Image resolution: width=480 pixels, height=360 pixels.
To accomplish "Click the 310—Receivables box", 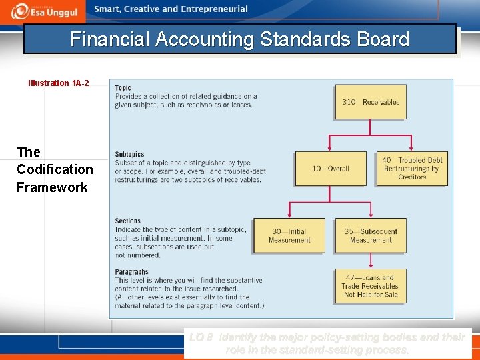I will click(371, 102).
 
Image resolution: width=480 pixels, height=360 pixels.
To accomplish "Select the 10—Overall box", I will click(331, 169).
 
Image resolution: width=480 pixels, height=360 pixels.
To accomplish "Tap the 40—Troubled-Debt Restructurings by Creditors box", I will click(412, 169).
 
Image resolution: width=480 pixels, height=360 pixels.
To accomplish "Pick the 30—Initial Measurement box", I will click(289, 236).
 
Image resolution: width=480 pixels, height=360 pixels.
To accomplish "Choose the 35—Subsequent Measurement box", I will click(371, 236).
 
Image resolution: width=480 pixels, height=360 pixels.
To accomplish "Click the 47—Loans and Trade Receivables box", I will click(371, 286).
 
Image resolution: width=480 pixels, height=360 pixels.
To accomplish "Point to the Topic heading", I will click(123, 88).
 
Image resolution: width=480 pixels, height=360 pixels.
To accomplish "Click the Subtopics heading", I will click(129, 155).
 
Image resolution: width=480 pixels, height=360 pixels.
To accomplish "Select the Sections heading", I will click(128, 221).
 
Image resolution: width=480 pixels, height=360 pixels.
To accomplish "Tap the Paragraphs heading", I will click(131, 272).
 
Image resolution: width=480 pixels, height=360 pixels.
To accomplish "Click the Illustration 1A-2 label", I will click(59, 83).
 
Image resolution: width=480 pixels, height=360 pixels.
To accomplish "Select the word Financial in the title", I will click(110, 39).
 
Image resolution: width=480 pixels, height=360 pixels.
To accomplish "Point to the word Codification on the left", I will click(55, 169).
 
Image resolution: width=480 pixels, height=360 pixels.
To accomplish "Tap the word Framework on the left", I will click(52, 187).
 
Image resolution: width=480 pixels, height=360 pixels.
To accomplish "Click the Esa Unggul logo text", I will click(55, 11).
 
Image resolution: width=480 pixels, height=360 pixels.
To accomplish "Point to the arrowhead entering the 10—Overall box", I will click(331, 148).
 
